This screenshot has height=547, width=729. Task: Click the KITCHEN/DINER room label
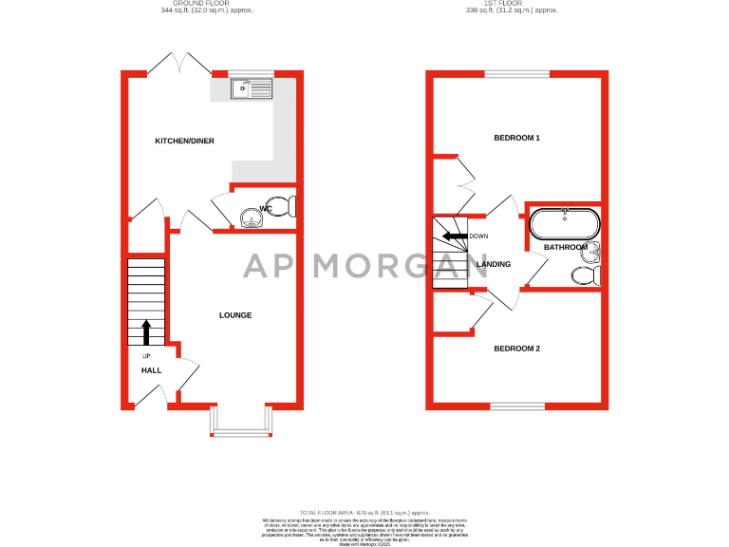(185, 141)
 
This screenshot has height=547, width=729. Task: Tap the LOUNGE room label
(235, 315)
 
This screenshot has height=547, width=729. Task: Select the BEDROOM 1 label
(517, 138)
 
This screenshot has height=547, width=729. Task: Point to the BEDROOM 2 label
(517, 349)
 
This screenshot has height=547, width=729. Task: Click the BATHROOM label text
(566, 247)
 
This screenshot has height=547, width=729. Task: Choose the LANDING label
(494, 264)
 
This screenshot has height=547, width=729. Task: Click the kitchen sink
(252, 88)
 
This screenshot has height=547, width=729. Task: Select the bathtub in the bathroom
(564, 224)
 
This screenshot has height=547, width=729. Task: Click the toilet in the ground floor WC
(289, 206)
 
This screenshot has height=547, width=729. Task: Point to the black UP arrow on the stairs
(146, 331)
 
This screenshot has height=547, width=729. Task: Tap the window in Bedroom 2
(517, 406)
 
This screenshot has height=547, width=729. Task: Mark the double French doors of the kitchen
(179, 66)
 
